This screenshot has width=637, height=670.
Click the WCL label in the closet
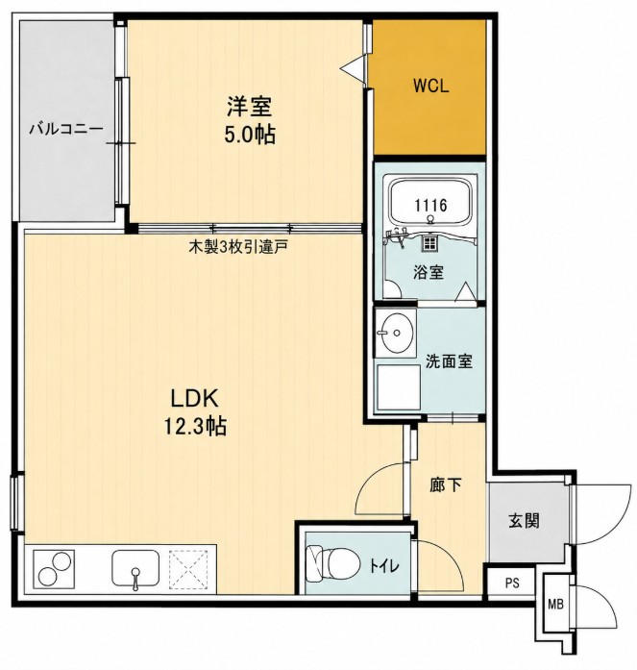coord(430,87)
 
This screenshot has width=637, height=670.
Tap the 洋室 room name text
coord(250,107)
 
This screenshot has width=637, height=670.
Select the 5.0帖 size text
coord(250,135)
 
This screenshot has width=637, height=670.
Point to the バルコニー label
coord(66,128)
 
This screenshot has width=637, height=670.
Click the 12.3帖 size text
coord(195,426)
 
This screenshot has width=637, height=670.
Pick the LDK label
coord(195,398)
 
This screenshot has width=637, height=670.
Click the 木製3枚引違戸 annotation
coord(238,247)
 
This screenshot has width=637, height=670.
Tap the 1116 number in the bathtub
coord(430,206)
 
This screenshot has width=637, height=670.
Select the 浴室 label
coord(429,272)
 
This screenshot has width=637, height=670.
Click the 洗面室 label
coord(449,361)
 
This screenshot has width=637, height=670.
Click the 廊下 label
coord(446,485)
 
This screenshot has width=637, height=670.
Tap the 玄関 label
coord(524,521)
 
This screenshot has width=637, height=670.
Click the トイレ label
coord(384,566)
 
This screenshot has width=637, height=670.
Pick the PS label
coord(512,583)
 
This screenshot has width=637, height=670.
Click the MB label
coord(555,605)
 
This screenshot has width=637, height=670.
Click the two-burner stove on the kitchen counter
coord(54,570)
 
